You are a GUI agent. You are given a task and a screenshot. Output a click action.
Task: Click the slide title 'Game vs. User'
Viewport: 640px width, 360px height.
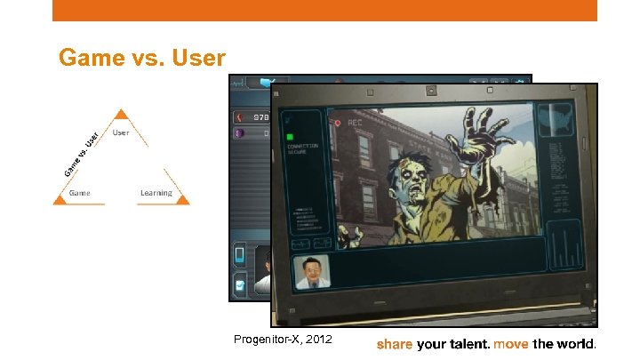point(141,58)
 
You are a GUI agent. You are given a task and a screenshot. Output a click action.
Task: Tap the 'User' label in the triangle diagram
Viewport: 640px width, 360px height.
point(121,132)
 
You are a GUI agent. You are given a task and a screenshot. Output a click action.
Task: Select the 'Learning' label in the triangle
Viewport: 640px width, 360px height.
point(156,192)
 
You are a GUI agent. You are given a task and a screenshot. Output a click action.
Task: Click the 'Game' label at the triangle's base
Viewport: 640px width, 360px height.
point(80,192)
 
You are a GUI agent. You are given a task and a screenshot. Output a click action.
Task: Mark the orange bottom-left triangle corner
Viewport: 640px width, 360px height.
point(60,201)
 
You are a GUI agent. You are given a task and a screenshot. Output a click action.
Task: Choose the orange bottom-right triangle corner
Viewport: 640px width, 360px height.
point(182,201)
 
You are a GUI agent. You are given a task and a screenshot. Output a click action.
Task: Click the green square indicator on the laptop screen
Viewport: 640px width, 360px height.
point(290,138)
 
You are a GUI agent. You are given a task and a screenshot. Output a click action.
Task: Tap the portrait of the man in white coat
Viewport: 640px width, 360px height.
point(310,272)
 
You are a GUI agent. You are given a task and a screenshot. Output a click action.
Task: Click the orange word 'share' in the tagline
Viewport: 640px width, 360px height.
point(395,343)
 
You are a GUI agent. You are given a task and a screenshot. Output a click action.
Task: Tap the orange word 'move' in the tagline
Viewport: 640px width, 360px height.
point(511,343)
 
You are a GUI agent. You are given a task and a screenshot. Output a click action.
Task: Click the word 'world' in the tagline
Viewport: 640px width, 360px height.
point(576,343)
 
